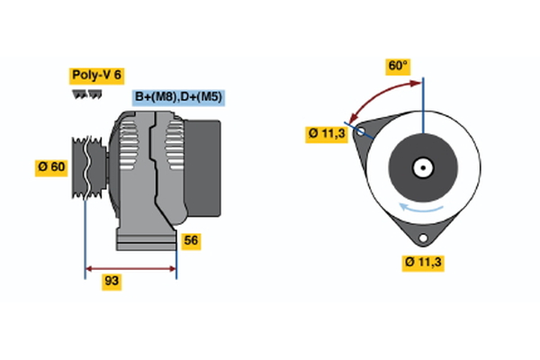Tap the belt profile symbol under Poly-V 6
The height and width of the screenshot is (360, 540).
[x=87, y=94]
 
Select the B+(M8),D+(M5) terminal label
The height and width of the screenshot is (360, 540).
[x=177, y=97]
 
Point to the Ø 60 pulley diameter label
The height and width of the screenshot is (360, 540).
[x=51, y=166]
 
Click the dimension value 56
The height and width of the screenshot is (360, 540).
[x=190, y=240]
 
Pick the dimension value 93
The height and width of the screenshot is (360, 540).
[x=112, y=281]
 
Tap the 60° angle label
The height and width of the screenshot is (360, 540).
[x=398, y=66]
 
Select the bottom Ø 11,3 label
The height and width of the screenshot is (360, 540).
[x=424, y=262]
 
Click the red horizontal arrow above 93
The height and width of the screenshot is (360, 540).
[x=130, y=267]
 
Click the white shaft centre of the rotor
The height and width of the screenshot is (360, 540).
[x=421, y=167]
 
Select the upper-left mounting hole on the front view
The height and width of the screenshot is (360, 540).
[x=362, y=132]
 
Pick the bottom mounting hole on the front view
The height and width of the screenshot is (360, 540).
[x=422, y=237]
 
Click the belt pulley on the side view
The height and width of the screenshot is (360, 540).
[x=88, y=166]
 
